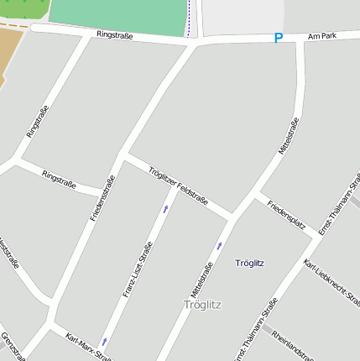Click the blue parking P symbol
coord(279,38)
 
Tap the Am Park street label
coord(321,37)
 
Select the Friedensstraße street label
coord(102,198)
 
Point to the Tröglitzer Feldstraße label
coord(178,186)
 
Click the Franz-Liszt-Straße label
coord(138,269)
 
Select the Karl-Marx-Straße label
coord(88,346)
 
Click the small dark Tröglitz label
coord(250,263)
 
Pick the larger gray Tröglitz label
coord(202,304)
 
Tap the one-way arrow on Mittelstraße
coord(220,245)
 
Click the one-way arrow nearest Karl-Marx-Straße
coord(104,342)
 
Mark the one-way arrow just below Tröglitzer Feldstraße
coord(165,208)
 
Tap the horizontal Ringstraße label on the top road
coord(114,35)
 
